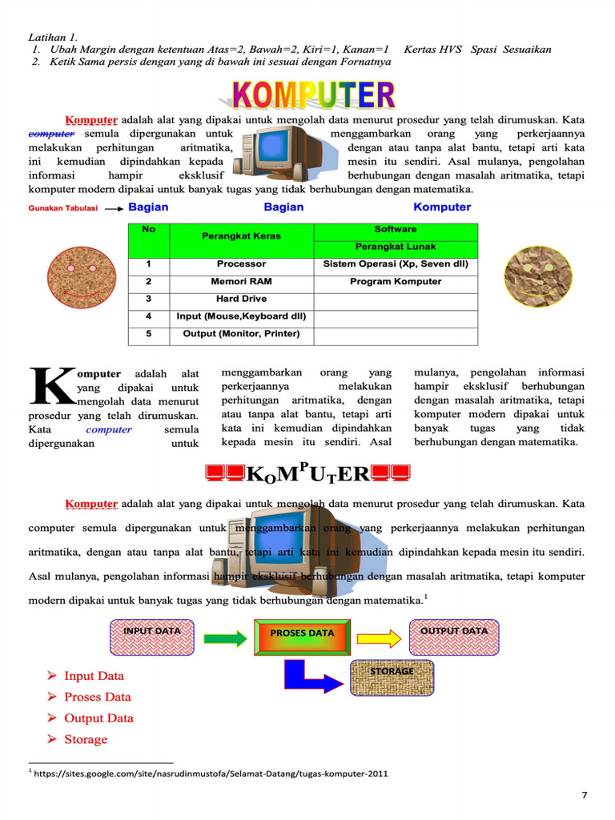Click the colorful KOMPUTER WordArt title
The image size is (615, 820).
point(314,94)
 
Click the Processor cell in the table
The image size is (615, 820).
point(241,263)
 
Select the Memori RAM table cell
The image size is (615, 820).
point(241,281)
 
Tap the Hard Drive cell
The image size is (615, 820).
point(241,299)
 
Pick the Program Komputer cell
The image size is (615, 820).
point(396,281)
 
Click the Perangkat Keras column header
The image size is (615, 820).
point(241,236)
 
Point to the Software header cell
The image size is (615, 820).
point(396,229)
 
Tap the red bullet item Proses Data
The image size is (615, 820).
point(97,697)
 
